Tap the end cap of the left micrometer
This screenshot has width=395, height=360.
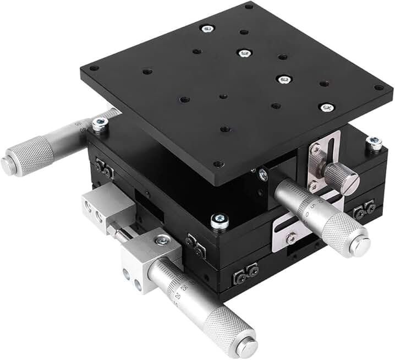tap(8, 164)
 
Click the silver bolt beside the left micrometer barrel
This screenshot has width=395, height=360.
tap(100, 126)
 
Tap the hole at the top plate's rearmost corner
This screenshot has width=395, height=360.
tap(249, 7)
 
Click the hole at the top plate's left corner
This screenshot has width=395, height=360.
tap(94, 69)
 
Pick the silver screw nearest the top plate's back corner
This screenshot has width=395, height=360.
tap(207, 29)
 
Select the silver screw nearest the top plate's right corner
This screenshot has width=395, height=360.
tap(327, 107)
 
